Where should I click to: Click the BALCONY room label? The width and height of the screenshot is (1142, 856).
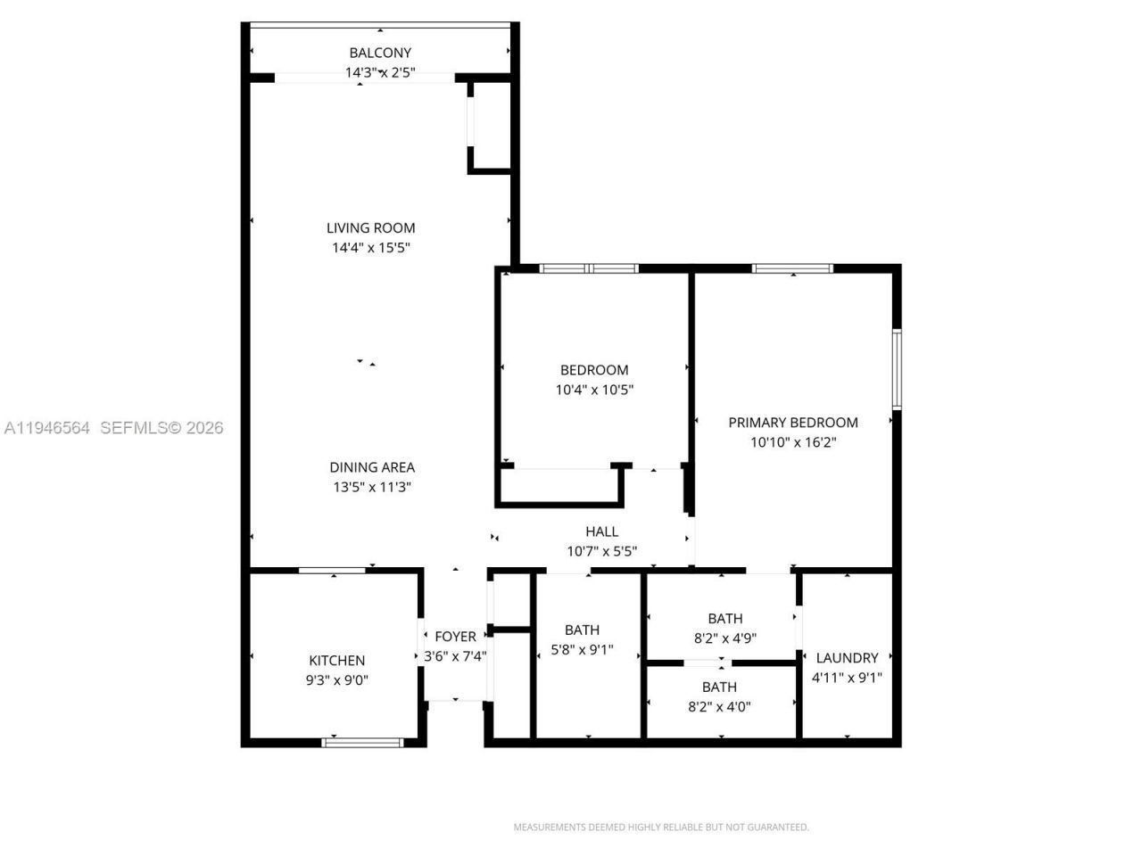click(380, 53)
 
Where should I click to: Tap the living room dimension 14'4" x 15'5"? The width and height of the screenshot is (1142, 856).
click(370, 248)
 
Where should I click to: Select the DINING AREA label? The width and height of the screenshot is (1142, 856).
click(372, 467)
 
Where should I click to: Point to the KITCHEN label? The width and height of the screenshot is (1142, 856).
click(336, 661)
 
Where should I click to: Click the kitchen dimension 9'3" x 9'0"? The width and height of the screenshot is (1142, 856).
click(336, 680)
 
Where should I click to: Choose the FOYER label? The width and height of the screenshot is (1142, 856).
click(455, 637)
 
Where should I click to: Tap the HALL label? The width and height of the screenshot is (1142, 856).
click(601, 531)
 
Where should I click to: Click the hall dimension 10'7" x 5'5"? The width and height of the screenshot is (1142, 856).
click(601, 551)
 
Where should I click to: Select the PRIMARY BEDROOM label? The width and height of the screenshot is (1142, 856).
click(793, 423)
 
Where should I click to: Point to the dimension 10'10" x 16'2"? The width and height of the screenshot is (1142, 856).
click(793, 442)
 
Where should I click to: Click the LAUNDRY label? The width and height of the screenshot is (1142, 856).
click(847, 658)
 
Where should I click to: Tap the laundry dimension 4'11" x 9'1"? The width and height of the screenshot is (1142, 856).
click(847, 678)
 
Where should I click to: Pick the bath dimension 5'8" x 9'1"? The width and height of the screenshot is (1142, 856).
click(582, 650)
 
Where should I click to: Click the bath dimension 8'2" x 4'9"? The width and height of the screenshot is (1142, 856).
click(724, 638)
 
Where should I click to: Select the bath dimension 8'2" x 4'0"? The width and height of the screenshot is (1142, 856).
click(719, 707)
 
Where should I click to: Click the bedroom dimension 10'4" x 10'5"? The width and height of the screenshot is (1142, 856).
click(594, 390)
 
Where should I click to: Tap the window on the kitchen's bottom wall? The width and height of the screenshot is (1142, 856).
click(363, 742)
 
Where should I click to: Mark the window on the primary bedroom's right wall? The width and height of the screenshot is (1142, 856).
click(897, 369)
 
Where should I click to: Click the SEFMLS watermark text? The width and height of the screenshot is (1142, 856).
click(161, 428)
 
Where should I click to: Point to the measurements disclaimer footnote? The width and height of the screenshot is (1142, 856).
click(661, 827)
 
